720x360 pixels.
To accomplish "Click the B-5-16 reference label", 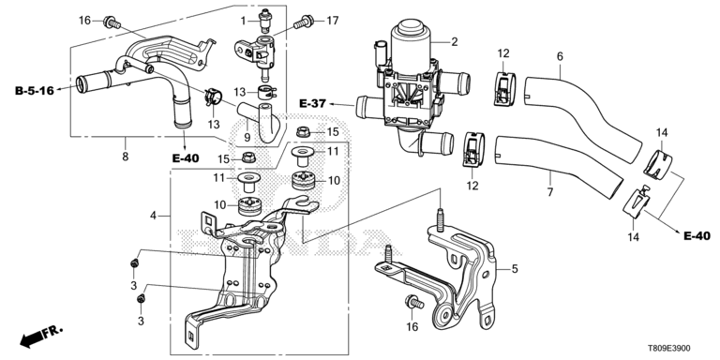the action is (x=35, y=90).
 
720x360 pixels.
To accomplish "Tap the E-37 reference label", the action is (x=312, y=104).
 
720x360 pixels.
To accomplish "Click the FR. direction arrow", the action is (x=41, y=337).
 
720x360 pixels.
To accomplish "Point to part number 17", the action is (x=332, y=21).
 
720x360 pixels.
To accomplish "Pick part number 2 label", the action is (x=454, y=42).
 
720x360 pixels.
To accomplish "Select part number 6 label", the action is (x=560, y=56).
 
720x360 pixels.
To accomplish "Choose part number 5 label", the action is (x=515, y=269).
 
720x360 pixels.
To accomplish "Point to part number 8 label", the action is (x=125, y=157).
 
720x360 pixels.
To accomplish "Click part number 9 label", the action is (x=247, y=136).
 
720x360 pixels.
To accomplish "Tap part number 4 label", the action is (x=154, y=215).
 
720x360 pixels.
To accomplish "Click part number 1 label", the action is (x=245, y=21).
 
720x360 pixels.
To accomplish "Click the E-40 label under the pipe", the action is (x=186, y=157).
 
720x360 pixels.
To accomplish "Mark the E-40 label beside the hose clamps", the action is (x=697, y=236).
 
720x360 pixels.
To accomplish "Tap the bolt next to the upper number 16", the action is (x=112, y=22).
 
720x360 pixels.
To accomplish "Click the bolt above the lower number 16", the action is (x=413, y=303).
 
